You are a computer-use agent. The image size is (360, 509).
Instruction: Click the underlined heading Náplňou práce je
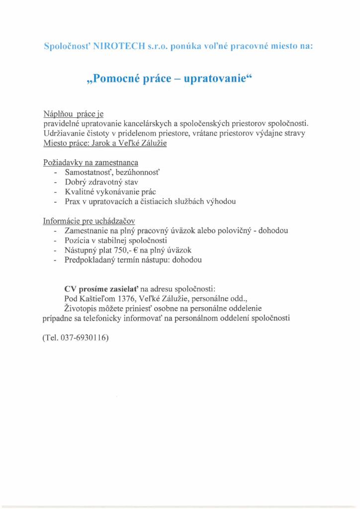pyautogui.click(x=73, y=114)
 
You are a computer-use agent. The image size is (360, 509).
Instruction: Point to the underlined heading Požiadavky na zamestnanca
pyautogui.click(x=90, y=162)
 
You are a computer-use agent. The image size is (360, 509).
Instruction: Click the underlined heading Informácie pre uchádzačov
pyautogui.click(x=90, y=221)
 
